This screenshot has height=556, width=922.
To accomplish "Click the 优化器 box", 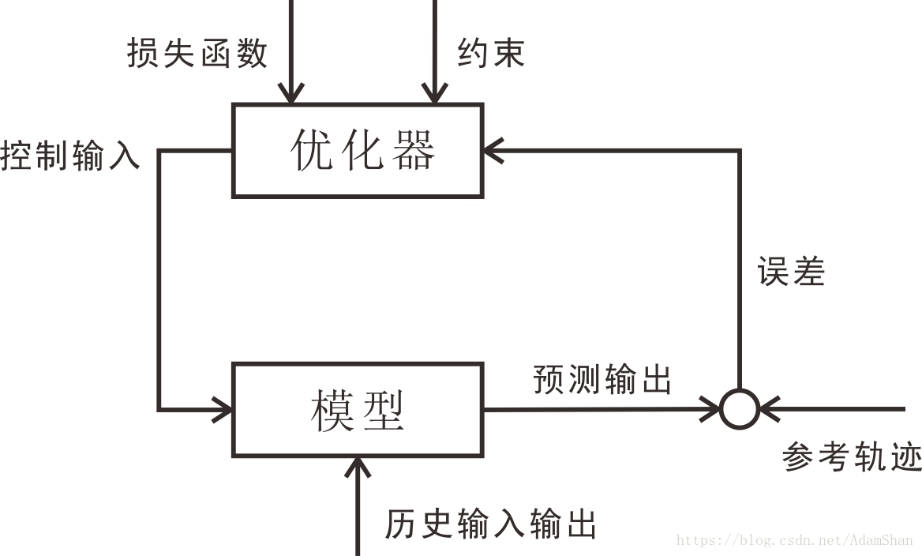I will click(358, 150).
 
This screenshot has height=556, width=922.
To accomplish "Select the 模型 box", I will click(358, 410).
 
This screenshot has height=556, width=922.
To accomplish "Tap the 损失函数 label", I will click(197, 54).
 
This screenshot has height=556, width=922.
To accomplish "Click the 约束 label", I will click(491, 54).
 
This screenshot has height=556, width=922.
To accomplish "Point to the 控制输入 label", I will click(70, 155).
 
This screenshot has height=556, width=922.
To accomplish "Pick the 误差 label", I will click(791, 272).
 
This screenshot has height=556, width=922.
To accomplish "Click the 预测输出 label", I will click(602, 379).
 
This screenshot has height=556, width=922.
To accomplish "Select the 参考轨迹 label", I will click(852, 456).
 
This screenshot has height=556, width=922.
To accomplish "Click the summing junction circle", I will click(740, 410).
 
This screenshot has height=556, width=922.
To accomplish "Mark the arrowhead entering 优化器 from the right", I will click(493, 150).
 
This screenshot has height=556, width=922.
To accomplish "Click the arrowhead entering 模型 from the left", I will click(223, 410).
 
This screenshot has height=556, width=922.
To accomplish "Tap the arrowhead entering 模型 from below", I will click(358, 467).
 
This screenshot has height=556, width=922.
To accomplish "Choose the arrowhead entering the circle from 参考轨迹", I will click(767, 410).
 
